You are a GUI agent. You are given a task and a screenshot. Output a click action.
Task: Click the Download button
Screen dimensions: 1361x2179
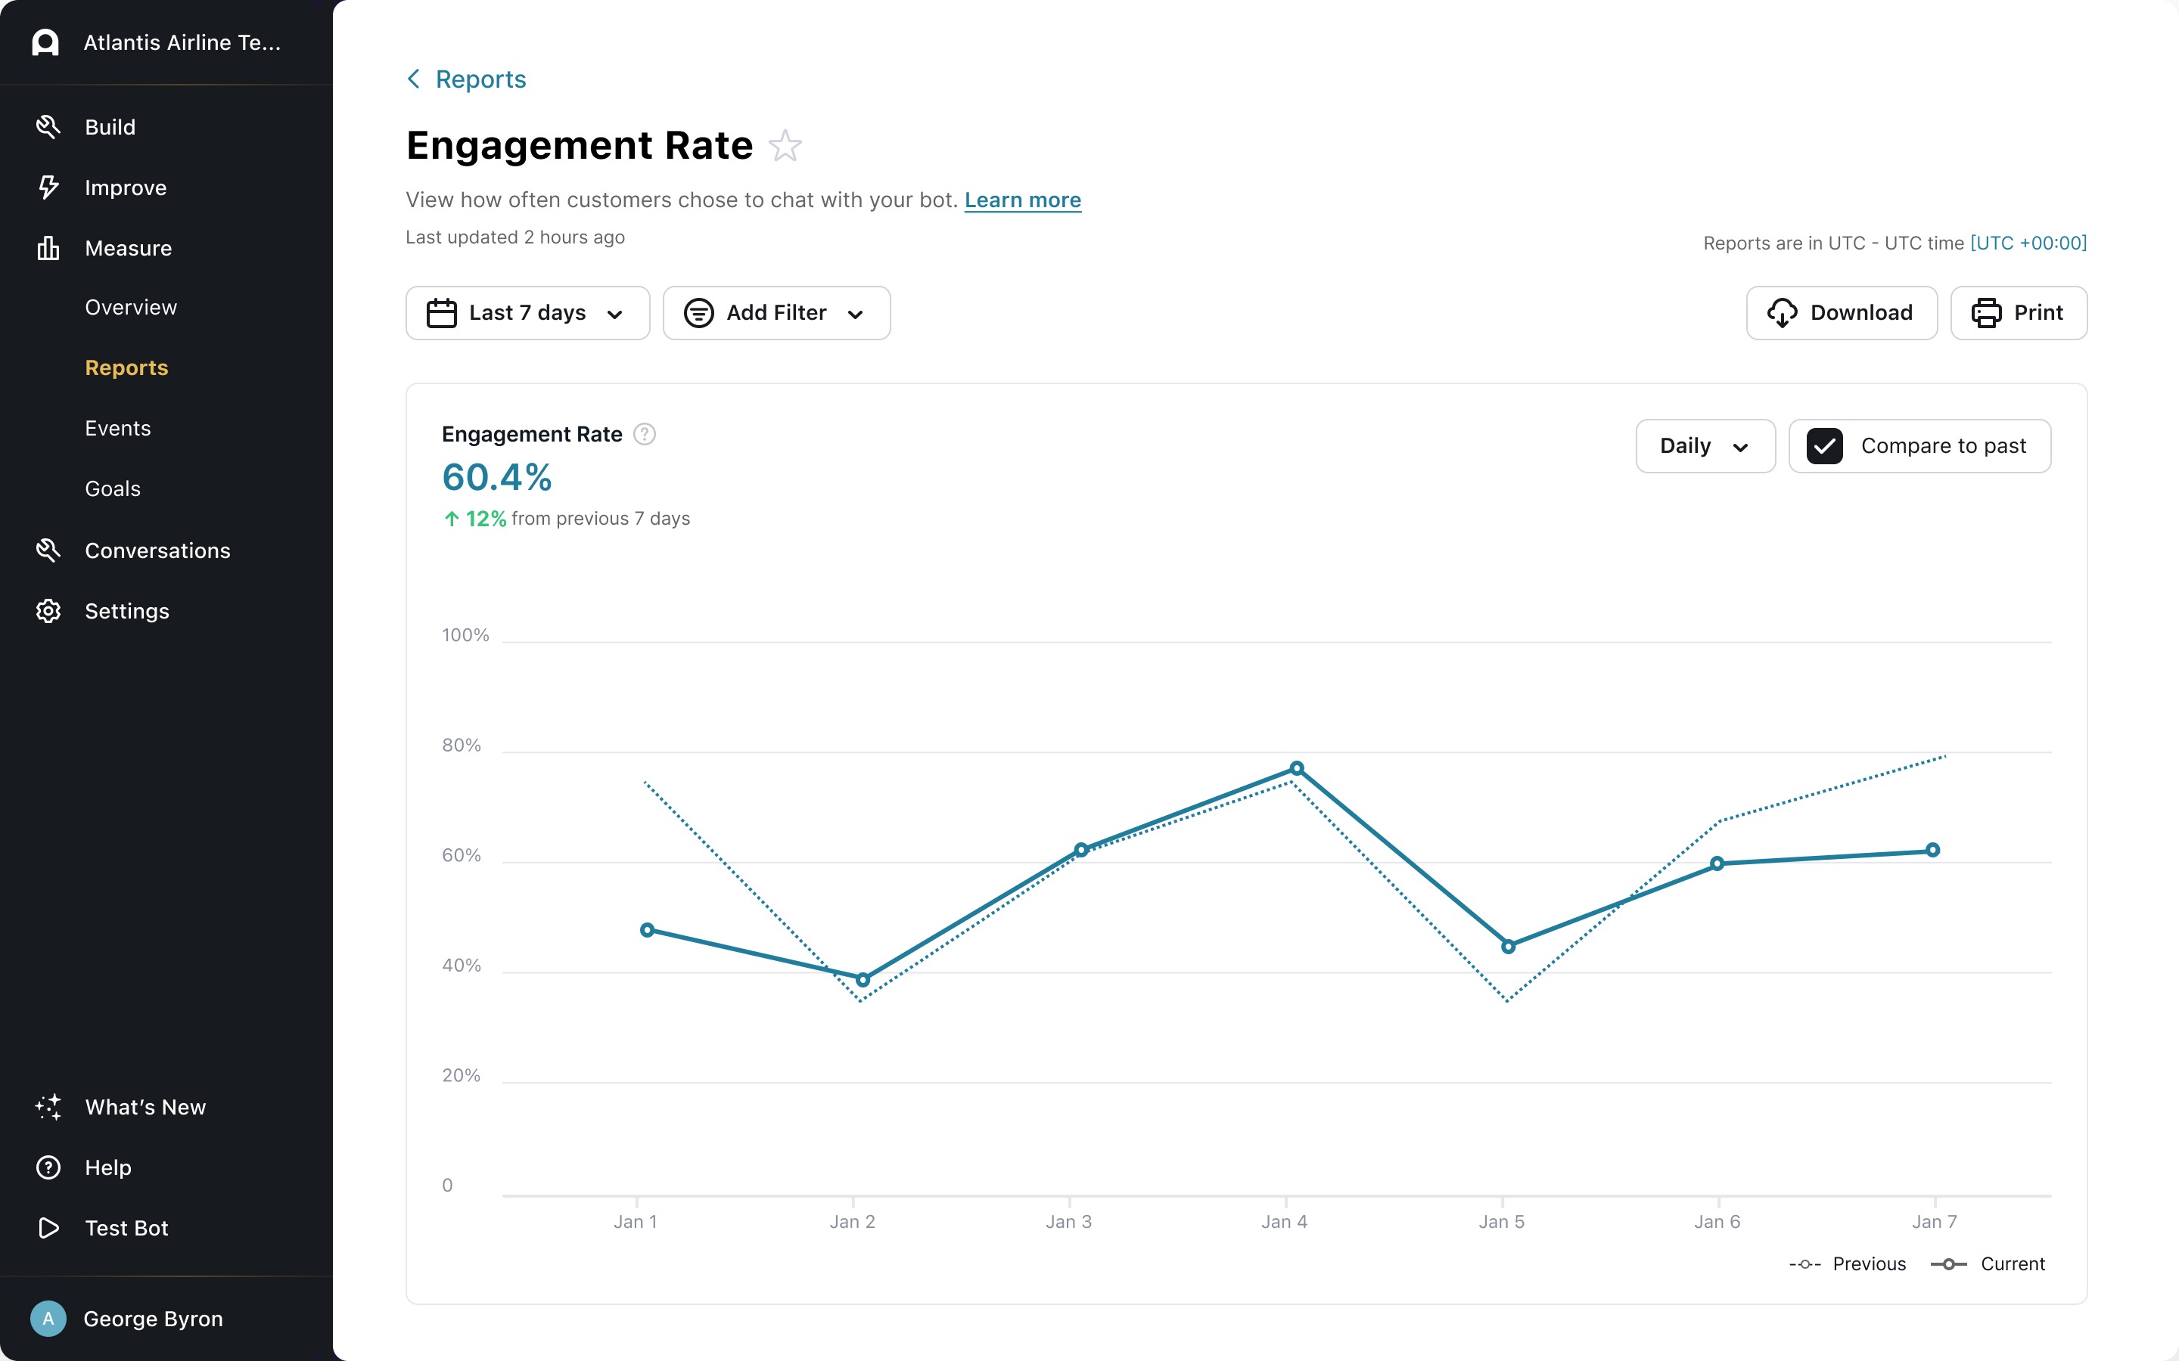coord(1841,313)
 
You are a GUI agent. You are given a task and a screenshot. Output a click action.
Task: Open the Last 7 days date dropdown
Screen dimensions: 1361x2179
coord(527,313)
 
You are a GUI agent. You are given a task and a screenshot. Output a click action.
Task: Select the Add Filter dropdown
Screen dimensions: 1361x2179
coord(776,313)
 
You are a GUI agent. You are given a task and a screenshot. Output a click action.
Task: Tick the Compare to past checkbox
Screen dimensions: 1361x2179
coord(1824,446)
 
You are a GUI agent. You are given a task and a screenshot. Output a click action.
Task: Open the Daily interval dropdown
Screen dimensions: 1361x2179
coord(1705,446)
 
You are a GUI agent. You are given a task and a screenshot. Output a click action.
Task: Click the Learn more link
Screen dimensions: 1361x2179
coord(1022,200)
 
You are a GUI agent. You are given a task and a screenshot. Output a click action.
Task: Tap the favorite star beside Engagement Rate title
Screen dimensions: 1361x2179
coord(785,146)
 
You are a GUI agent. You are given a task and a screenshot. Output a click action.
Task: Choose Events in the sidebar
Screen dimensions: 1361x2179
coord(118,429)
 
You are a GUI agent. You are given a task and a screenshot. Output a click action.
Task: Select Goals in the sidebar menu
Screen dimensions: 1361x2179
coord(113,488)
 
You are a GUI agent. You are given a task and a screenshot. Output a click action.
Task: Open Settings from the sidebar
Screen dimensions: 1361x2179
coord(126,611)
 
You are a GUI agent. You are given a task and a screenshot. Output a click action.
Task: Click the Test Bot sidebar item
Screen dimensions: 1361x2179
coord(126,1228)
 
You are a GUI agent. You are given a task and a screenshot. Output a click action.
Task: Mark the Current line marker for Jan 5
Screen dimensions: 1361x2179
coord(1508,946)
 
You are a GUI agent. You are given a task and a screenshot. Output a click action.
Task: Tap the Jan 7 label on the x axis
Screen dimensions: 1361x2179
coord(1934,1221)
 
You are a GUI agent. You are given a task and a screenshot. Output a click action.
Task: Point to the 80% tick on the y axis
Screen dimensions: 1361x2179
coord(461,746)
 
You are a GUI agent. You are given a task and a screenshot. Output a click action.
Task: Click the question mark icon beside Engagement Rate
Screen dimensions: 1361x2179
coord(645,435)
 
